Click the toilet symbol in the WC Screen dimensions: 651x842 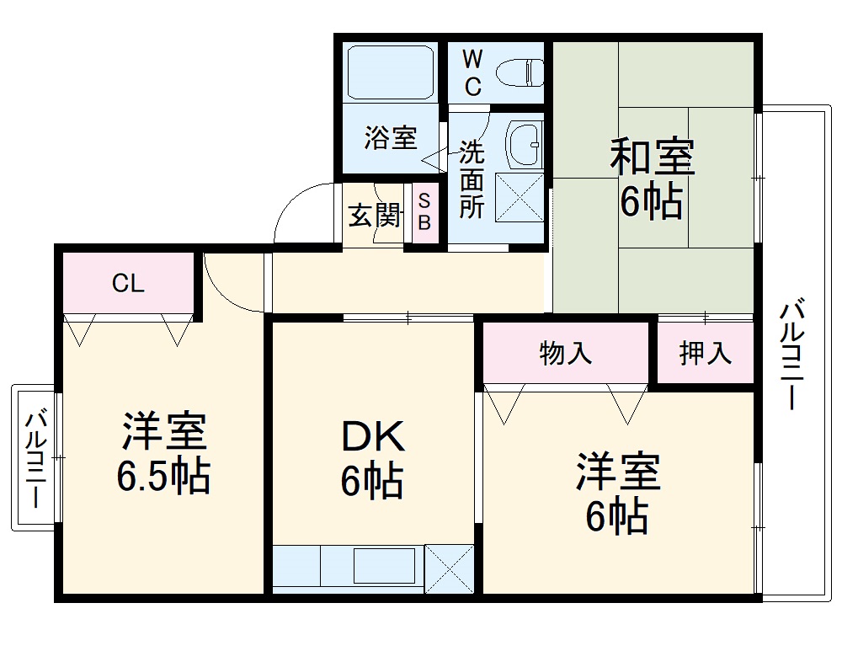click(x=518, y=72)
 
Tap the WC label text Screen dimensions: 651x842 click(x=472, y=72)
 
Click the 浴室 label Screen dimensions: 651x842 click(x=390, y=138)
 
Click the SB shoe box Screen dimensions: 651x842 click(x=424, y=212)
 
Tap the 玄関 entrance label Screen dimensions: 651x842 click(x=374, y=216)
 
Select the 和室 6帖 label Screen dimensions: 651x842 click(x=652, y=179)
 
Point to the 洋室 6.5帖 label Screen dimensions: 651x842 click(x=163, y=454)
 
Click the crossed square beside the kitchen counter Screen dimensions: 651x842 click(x=450, y=568)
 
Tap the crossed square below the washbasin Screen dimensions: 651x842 click(x=520, y=196)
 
